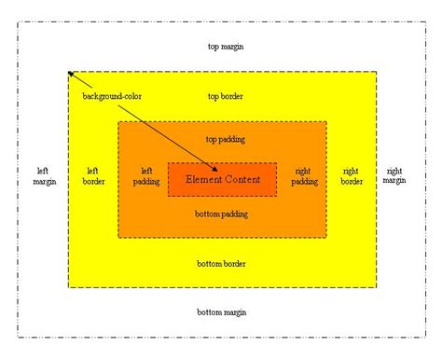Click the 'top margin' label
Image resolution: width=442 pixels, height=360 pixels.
tap(227, 46)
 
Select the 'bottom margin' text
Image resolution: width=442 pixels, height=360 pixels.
tap(222, 312)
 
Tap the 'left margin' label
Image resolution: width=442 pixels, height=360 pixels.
tap(43, 175)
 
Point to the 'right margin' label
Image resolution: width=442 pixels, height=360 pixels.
tap(394, 175)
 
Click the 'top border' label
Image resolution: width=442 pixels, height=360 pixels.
tap(226, 95)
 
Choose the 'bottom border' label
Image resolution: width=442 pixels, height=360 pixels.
tap(222, 263)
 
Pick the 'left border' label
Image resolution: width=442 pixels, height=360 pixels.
tap(93, 175)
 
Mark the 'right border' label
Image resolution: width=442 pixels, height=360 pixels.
tap(352, 175)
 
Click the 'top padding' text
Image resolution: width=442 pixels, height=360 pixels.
tap(225, 139)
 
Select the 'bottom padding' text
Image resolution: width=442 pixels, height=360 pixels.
tap(222, 215)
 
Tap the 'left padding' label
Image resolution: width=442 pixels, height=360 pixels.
tap(146, 175)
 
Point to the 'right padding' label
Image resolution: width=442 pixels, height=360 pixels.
tap(304, 175)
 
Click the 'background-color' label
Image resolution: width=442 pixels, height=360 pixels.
tap(112, 96)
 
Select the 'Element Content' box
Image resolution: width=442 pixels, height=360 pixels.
tap(222, 178)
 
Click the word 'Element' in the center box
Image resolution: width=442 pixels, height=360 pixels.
tap(203, 178)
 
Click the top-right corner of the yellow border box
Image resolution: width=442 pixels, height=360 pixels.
tap(377, 71)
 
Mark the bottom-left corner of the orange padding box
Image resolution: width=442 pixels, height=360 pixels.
tap(118, 236)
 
